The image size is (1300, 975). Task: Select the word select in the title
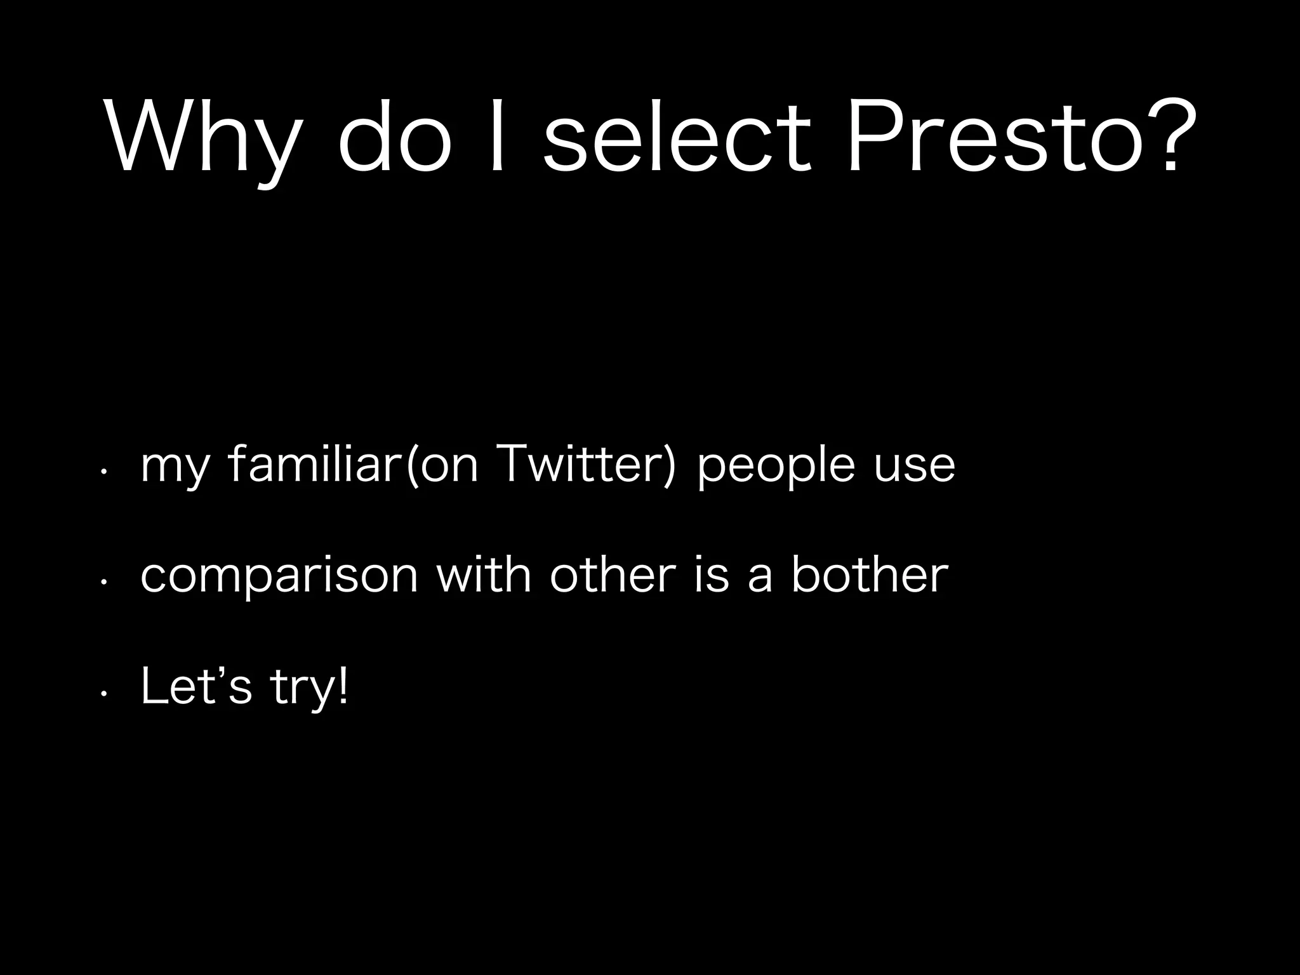click(677, 136)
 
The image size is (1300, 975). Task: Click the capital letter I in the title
click(498, 136)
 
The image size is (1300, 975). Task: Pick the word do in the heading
click(394, 136)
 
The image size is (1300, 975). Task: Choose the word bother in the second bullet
click(869, 574)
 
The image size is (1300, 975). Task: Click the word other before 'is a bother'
click(613, 574)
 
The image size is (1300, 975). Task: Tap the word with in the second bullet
click(484, 574)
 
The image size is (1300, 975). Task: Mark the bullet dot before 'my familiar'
click(102, 472)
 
